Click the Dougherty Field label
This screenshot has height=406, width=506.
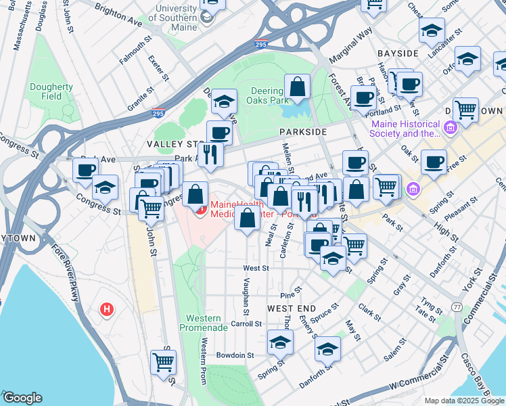[45, 91]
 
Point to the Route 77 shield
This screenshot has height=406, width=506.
[458, 307]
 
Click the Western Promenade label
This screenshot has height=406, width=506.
[203, 323]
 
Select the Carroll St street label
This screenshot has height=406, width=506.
[246, 324]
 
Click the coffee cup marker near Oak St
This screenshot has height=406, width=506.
[434, 162]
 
